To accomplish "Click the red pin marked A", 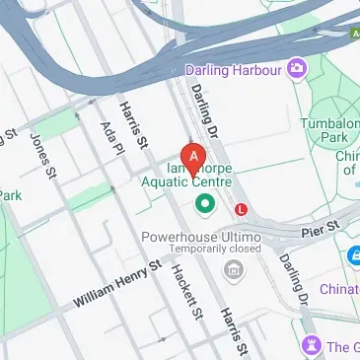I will coord(194,156).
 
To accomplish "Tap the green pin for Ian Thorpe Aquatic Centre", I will coord(205,204).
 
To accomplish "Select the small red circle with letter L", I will coord(241,209).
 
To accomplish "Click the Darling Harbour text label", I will coord(233,70).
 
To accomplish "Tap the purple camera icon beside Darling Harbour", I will coord(295,69).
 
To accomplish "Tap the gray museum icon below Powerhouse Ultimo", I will coord(233,269).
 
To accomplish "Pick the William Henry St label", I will coord(116,283).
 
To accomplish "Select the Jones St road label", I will coord(42,156).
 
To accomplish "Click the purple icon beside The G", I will coord(313,345).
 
